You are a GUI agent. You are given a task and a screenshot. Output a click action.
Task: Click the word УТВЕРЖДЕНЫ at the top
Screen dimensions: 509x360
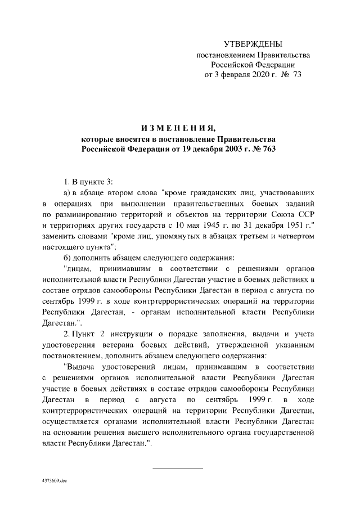(x=253, y=44)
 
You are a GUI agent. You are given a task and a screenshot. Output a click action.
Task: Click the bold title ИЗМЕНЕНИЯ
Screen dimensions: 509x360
(x=179, y=127)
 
